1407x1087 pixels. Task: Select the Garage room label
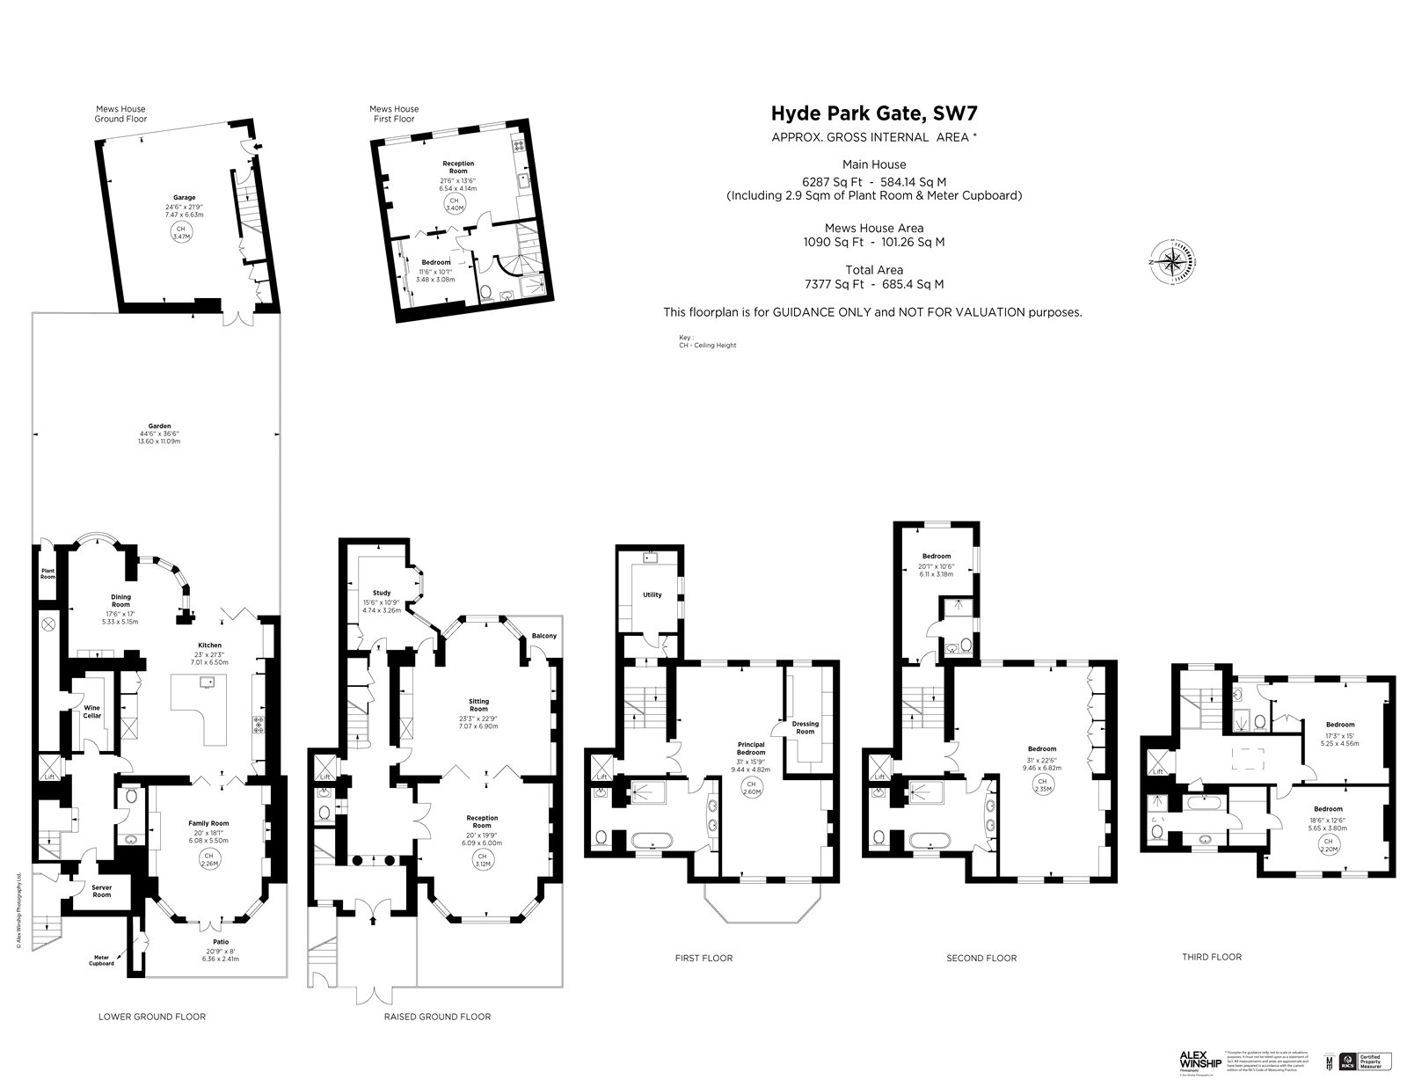click(x=184, y=198)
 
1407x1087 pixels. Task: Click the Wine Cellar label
click(x=92, y=711)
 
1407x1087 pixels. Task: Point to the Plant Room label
click(x=47, y=573)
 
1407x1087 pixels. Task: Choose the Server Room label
click(x=102, y=891)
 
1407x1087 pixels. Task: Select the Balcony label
click(x=543, y=636)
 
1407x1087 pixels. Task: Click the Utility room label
click(x=652, y=595)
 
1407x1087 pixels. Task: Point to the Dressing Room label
click(x=806, y=727)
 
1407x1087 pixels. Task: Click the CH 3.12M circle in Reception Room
click(x=481, y=857)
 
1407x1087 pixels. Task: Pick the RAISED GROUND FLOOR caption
click(x=437, y=1017)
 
